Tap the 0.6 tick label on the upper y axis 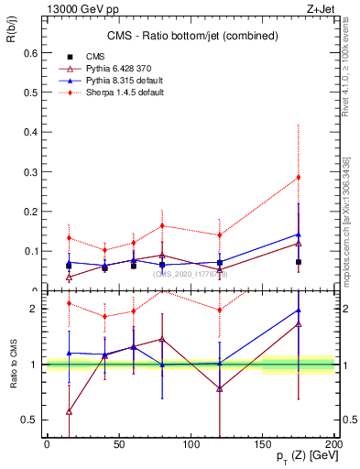pyautogui.click(x=30, y=52)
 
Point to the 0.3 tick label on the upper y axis pyautogui.click(x=30, y=171)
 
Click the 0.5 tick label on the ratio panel pyautogui.click(x=30, y=420)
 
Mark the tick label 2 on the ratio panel pyautogui.click(x=34, y=309)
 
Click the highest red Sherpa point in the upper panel pyautogui.click(x=298, y=177)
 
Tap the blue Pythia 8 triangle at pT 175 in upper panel pyautogui.click(x=298, y=234)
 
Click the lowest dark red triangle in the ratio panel pyautogui.click(x=69, y=411)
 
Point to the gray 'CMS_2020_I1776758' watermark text pyautogui.click(x=191, y=273)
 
